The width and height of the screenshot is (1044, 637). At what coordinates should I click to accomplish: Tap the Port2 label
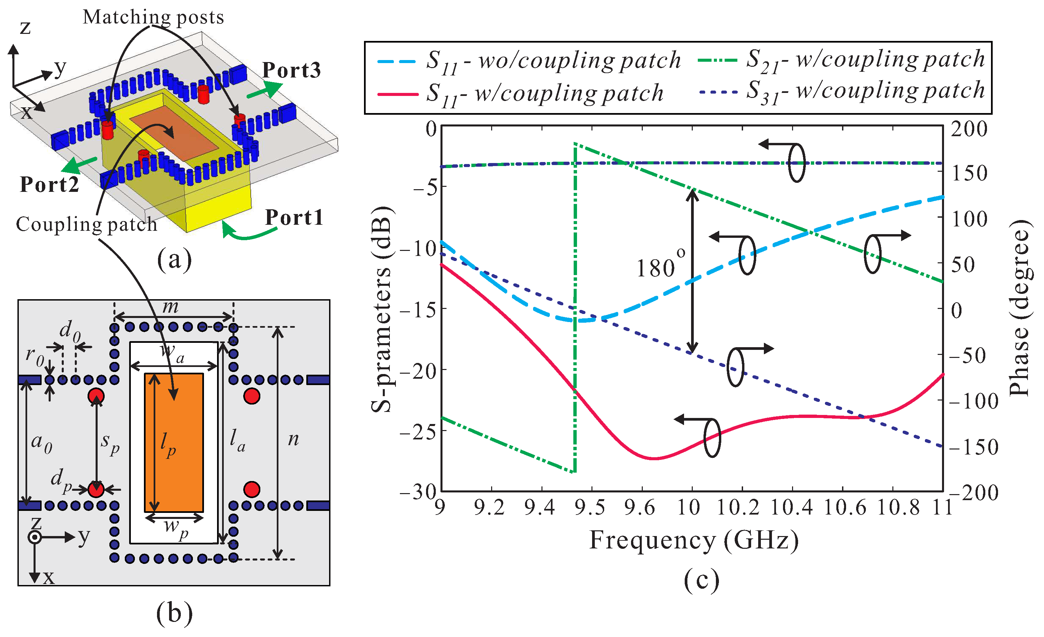click(x=50, y=185)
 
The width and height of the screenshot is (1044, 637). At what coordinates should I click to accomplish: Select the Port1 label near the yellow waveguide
click(x=294, y=218)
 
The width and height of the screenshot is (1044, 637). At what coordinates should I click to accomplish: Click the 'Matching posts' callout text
click(x=153, y=17)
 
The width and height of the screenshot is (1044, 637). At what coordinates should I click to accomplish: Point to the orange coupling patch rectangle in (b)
click(x=174, y=442)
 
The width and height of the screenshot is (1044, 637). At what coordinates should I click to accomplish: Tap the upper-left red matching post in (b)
click(x=96, y=396)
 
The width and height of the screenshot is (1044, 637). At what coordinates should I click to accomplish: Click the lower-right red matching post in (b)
click(x=252, y=489)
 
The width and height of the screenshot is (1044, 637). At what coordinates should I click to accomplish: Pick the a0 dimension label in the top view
click(x=42, y=443)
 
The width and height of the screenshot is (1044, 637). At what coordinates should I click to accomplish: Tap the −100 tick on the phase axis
click(x=973, y=401)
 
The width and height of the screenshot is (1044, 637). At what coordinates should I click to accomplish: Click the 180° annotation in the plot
click(x=660, y=266)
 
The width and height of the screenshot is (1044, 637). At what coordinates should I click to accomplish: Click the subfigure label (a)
click(x=174, y=260)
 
